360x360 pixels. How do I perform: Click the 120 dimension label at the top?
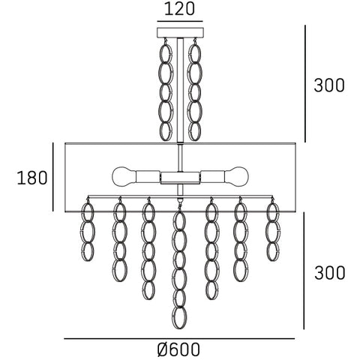coord(179,9)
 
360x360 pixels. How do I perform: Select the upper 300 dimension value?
coord(329,85)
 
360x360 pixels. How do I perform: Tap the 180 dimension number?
coord(32,178)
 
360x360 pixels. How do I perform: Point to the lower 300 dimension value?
coord(329,272)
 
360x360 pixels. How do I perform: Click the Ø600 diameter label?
coord(179,349)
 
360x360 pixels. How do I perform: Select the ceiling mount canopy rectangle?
coord(180,33)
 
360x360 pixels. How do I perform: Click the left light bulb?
coord(124,177)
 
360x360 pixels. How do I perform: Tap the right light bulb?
coord(236,177)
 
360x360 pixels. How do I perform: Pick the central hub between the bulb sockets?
coord(180,178)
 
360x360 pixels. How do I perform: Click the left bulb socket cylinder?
coord(148,177)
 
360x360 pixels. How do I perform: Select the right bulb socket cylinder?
coord(212,177)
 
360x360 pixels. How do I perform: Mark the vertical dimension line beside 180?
coord(53,177)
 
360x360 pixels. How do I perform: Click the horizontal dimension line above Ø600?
coord(179,339)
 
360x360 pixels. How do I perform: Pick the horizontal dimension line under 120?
coord(180,21)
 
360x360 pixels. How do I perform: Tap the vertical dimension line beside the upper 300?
coord(305,84)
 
